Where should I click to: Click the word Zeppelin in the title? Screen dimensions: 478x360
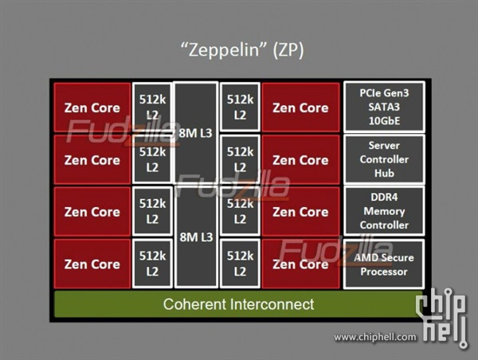pos(224,49)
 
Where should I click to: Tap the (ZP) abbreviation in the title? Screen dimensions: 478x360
pos(288,49)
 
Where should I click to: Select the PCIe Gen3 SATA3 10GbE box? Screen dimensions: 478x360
pos(384,107)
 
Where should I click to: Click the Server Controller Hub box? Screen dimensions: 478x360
pos(384,159)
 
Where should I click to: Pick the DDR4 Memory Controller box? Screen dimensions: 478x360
pos(384,211)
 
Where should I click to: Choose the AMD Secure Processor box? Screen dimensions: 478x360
pos(384,264)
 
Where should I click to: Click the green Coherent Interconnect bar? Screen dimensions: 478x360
pos(238,304)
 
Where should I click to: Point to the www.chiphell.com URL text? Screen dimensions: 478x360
pos(375,337)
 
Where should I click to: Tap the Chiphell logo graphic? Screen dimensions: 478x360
pos(442,317)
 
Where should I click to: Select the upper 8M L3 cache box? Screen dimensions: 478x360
pos(195,133)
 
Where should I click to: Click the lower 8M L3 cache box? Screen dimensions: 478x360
pos(196,237)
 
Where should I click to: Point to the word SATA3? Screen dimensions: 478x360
pos(384,107)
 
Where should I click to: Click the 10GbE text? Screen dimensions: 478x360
pos(384,121)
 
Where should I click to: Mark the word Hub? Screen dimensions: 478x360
pos(384,173)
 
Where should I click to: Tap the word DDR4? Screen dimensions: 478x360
pos(384,198)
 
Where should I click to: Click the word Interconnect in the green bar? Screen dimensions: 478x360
pos(272,304)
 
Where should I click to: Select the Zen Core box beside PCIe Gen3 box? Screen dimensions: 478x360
pos(300,108)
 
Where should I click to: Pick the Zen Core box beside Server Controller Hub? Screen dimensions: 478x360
pos(300,160)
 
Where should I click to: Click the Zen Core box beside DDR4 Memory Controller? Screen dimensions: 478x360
pos(300,212)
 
